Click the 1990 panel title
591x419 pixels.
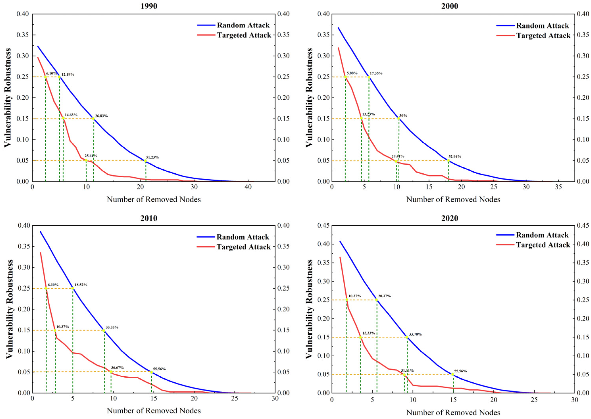pos(149,6)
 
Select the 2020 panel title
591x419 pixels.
pos(450,218)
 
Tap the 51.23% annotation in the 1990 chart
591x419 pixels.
pos(153,157)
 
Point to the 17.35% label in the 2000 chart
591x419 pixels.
pos(376,73)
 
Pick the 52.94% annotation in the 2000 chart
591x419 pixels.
pos(455,156)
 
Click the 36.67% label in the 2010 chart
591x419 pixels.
pos(117,367)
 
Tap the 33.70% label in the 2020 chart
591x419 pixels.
pos(415,334)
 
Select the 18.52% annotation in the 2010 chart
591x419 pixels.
pos(81,284)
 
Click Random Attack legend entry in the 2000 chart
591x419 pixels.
pos(532,26)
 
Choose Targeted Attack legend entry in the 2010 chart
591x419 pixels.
pos(234,247)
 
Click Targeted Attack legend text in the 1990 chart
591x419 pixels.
pos(244,35)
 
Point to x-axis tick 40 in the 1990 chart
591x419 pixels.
pos(248,187)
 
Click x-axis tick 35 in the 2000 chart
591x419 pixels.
pos(558,187)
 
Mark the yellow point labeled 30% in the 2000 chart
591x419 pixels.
pos(399,119)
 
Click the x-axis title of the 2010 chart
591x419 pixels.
pos(154,410)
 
